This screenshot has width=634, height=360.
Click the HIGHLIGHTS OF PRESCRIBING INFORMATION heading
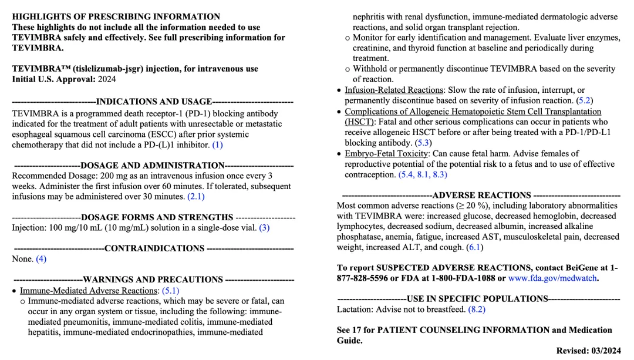[x=116, y=16]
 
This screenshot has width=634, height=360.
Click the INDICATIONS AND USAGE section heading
[x=153, y=102]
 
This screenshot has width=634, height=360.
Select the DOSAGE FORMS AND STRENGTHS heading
[x=157, y=217]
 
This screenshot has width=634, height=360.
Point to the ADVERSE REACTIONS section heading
[x=481, y=195]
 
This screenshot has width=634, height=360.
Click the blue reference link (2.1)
[x=195, y=197]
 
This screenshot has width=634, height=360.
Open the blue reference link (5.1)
[x=170, y=290]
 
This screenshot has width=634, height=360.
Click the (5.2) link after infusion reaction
[x=585, y=100]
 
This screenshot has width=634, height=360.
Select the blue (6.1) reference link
[x=474, y=247]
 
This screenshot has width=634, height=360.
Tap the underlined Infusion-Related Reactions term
[x=393, y=90]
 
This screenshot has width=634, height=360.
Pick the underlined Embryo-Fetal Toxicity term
[x=387, y=153]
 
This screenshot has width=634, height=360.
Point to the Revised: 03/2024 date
[x=588, y=351]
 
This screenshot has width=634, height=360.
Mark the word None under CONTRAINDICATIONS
[x=22, y=258]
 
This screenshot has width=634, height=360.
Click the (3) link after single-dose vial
[x=264, y=227]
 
